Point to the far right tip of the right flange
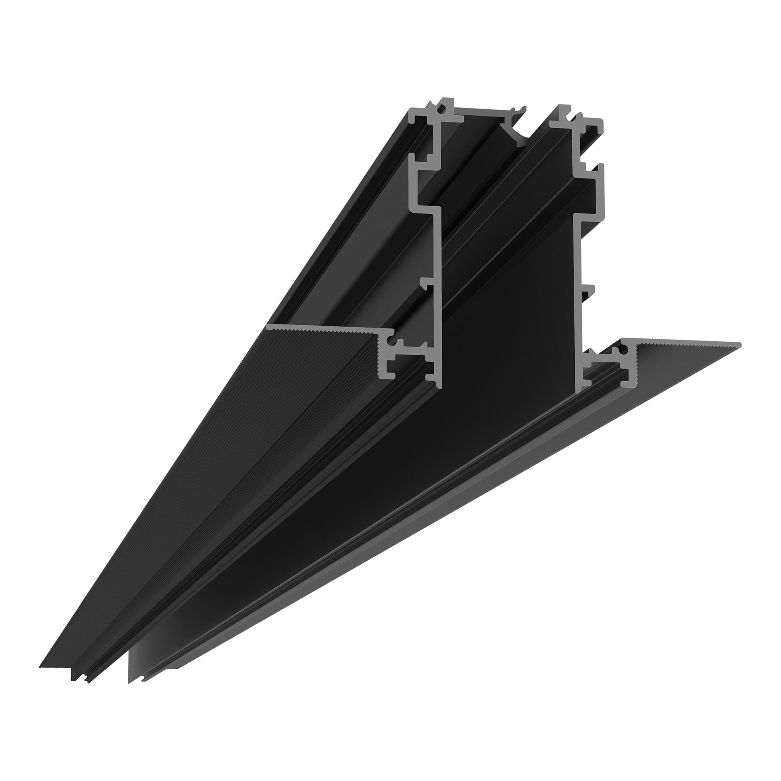739,344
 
